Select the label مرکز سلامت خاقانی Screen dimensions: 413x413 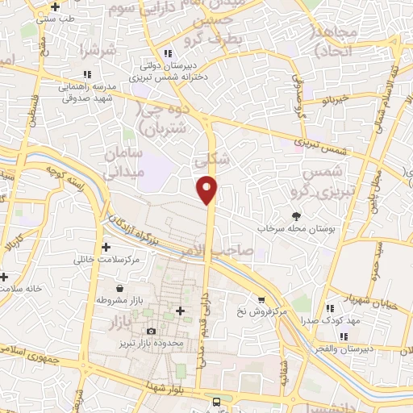point(106,259)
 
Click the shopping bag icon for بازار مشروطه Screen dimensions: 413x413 point(120,288)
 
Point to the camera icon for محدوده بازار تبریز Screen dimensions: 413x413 point(151,331)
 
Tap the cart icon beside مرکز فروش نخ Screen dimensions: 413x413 point(261,299)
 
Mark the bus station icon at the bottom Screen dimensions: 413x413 point(216,402)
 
